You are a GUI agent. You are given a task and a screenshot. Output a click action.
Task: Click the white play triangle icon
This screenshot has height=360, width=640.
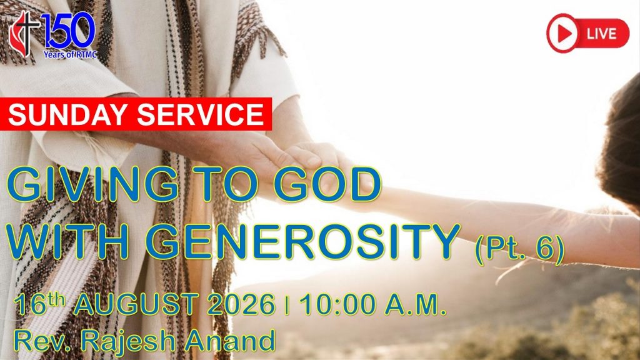[564, 34]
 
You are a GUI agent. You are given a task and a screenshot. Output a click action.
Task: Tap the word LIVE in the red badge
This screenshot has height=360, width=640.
[601, 34]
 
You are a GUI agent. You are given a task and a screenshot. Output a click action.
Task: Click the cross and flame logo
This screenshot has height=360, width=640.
[24, 34]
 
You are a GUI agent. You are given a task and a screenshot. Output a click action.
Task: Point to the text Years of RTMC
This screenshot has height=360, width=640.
[70, 54]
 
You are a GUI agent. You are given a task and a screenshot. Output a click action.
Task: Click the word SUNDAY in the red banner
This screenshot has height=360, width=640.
[67, 114]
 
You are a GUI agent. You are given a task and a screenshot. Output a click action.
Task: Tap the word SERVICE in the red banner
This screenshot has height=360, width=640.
[201, 114]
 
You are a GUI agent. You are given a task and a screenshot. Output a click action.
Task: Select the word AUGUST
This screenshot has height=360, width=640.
[136, 304]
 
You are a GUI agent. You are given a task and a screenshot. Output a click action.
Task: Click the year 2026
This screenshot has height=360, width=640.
[241, 304]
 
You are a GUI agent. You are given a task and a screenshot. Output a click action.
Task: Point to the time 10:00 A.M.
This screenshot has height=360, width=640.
[372, 304]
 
